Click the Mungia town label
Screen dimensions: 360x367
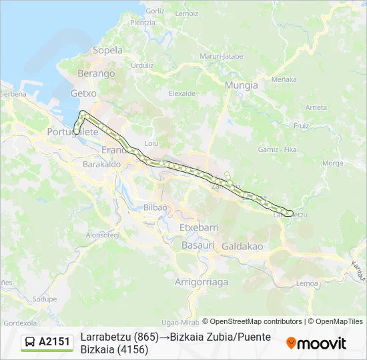(x=241, y=85)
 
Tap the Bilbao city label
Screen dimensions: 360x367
(x=155, y=207)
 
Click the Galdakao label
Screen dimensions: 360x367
(x=242, y=246)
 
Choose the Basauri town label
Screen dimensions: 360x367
(x=198, y=245)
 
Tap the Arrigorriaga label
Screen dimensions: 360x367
(x=201, y=282)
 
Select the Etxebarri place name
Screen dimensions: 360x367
(x=199, y=227)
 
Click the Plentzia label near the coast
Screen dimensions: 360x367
(x=143, y=23)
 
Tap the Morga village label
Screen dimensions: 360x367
(x=332, y=163)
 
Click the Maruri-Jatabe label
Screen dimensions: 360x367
(x=223, y=56)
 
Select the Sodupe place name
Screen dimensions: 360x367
(x=45, y=299)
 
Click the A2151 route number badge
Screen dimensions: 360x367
(x=54, y=342)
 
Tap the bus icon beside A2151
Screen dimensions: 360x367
(x=30, y=343)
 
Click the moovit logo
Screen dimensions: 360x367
(x=316, y=343)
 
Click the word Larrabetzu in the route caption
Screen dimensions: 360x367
(x=105, y=337)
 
